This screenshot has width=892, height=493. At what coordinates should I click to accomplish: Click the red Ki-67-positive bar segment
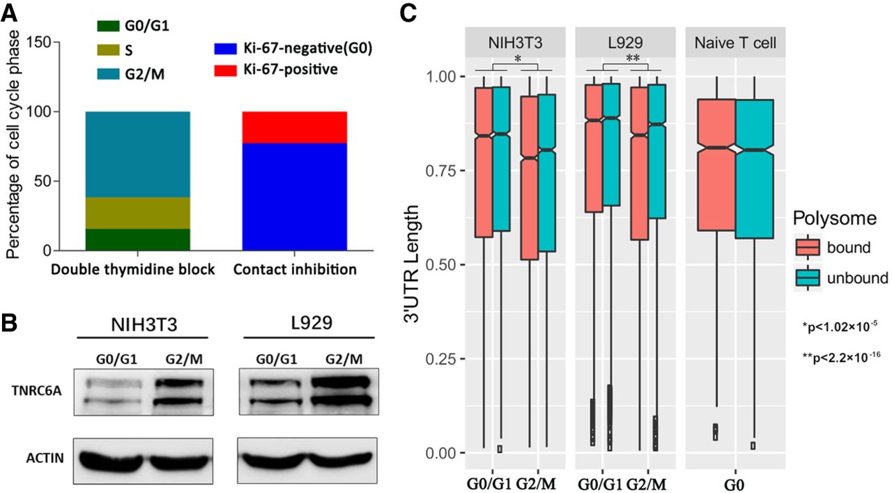[294, 127]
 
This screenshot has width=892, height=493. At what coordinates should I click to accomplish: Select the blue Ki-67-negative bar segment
[294, 196]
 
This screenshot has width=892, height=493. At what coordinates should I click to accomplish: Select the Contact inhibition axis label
[295, 269]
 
